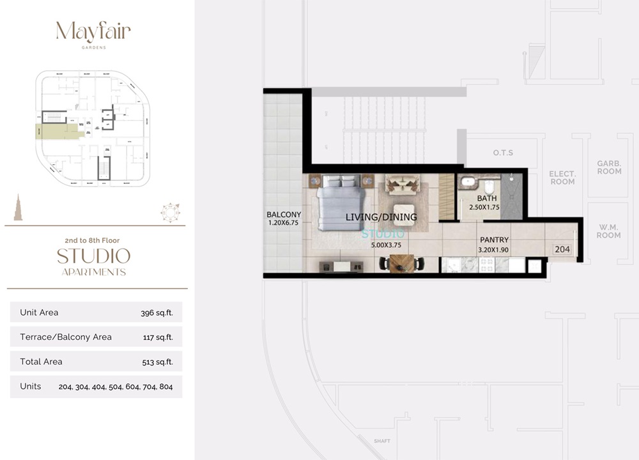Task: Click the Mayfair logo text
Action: point(93,32)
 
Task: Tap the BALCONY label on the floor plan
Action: point(284,215)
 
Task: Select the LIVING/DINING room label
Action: point(381,217)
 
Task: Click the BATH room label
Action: point(486,199)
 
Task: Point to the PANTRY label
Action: point(494,240)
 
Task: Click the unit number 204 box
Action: point(562,250)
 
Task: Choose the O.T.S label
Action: point(503,153)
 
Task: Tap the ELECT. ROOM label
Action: point(562,178)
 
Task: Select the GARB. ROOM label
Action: point(609,167)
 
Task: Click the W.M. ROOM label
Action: point(608,231)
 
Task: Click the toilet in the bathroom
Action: point(489,187)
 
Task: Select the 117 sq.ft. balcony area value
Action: point(158,337)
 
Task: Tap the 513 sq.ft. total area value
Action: point(158,362)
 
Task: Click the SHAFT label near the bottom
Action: point(383,441)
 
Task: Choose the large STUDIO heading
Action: point(93,257)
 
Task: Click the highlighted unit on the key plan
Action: point(59,131)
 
